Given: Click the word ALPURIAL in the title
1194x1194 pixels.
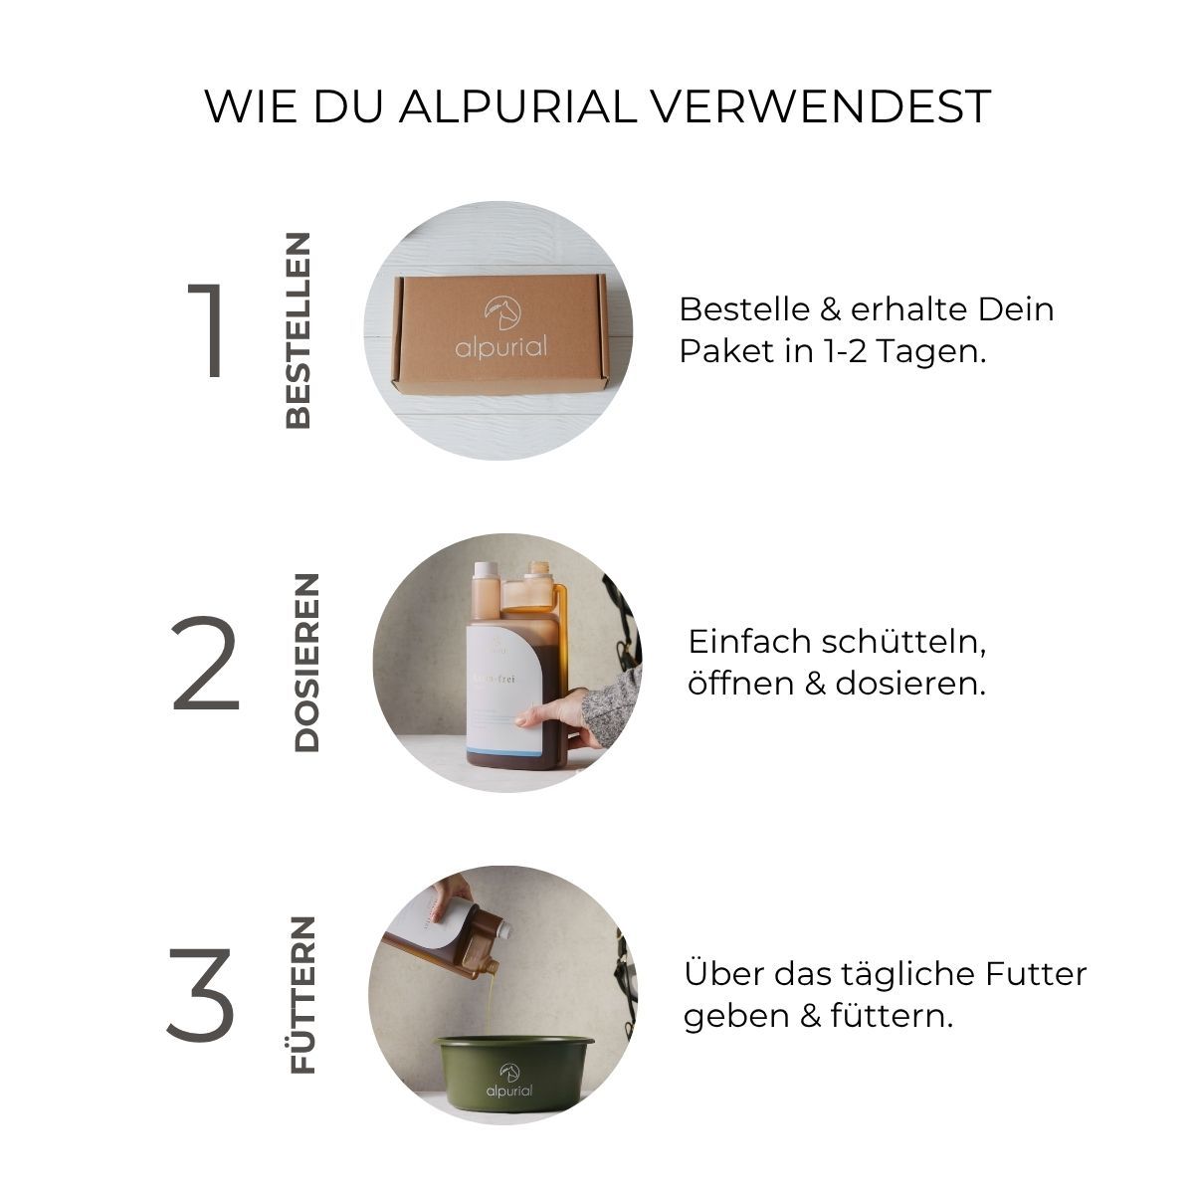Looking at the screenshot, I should [x=516, y=106].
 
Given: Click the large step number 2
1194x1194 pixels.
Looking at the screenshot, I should [x=206, y=664].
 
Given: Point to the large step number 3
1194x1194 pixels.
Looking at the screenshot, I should [x=201, y=995].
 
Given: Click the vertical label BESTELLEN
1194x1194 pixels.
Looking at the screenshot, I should [x=298, y=330].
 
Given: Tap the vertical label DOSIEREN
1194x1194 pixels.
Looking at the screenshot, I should [x=306, y=663].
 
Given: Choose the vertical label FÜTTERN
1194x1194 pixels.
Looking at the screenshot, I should [x=301, y=995].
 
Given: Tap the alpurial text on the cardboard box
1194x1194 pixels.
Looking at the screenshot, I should [x=501, y=347].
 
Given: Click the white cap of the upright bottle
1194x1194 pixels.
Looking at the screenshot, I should [x=487, y=573].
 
